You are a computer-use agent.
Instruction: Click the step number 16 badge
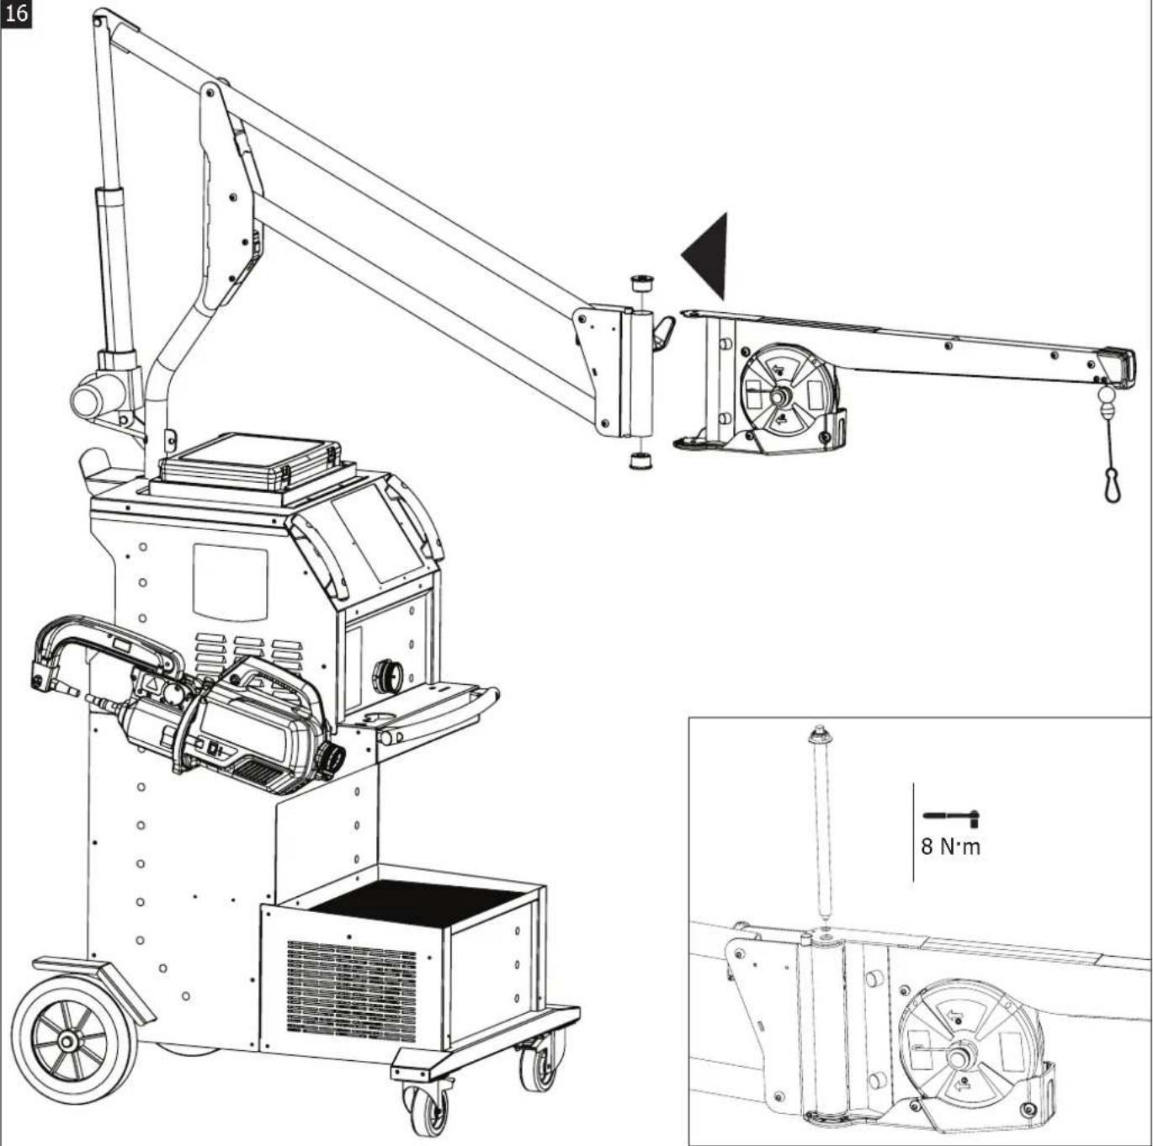point(16,13)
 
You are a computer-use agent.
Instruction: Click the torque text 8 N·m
point(951,846)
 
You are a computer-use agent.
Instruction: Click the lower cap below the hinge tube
point(641,461)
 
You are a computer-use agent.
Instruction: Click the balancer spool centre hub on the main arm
point(780,396)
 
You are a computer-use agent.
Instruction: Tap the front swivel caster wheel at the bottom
point(426,1101)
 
